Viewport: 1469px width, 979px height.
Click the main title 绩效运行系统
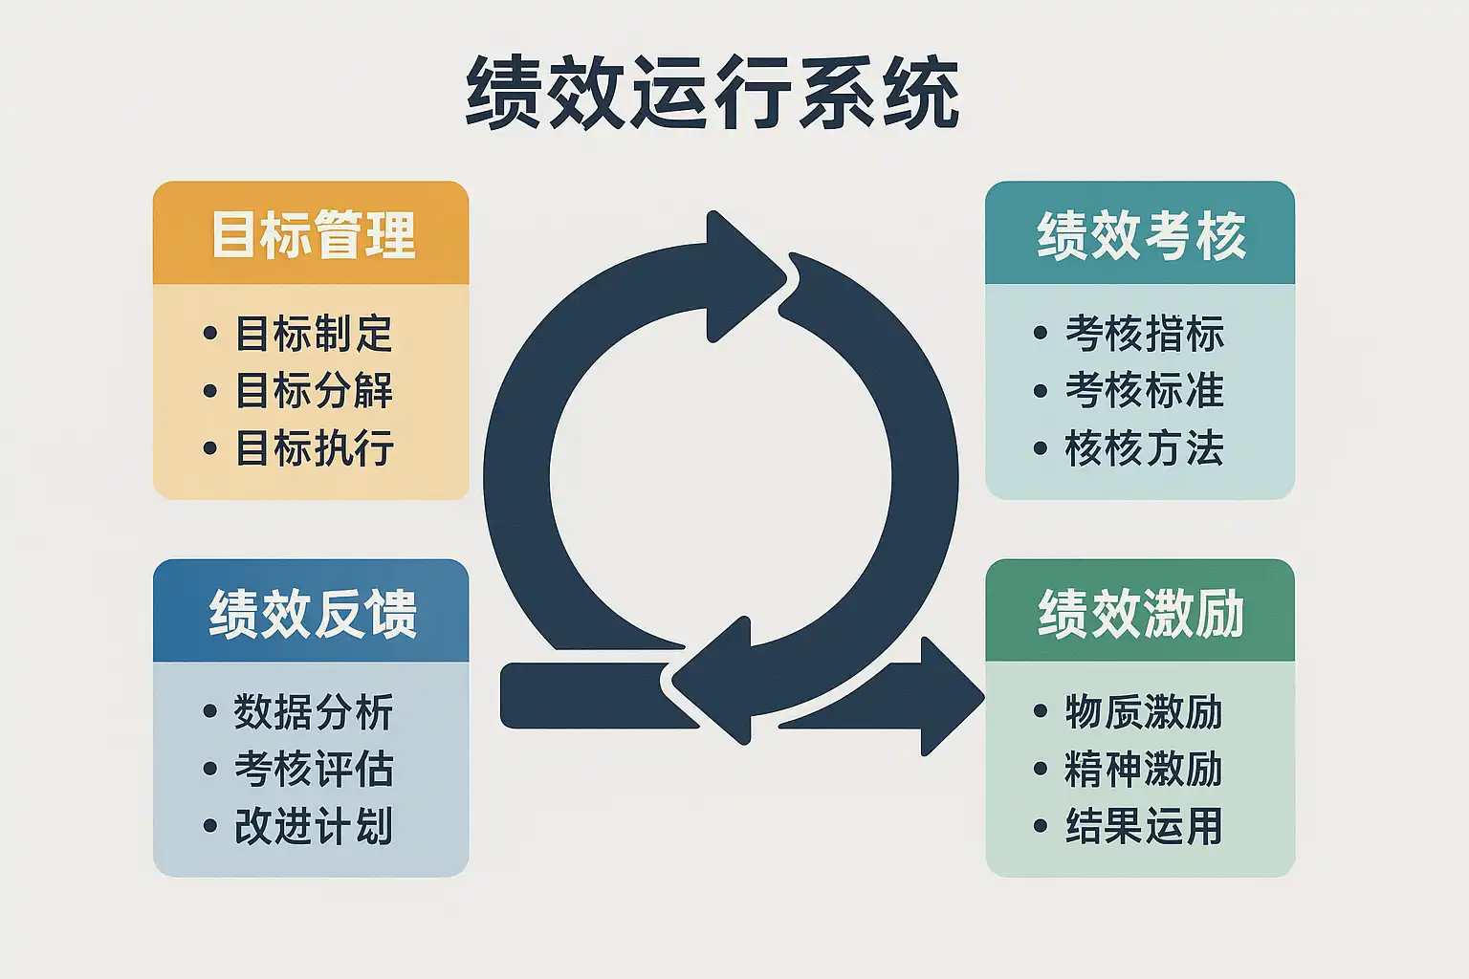click(x=713, y=93)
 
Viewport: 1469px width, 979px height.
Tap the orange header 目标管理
click(x=313, y=235)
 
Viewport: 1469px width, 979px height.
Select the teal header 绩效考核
click(x=1141, y=235)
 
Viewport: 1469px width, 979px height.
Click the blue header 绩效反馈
click(x=313, y=613)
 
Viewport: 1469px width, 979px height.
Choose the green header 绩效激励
click(x=1141, y=613)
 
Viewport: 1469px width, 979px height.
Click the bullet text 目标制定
click(x=315, y=334)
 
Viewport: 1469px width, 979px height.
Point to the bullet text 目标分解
click(x=315, y=390)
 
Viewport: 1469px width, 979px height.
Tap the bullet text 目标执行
click(x=315, y=447)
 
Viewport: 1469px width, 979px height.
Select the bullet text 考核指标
click(x=1144, y=334)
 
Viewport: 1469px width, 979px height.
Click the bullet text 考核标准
click(x=1144, y=390)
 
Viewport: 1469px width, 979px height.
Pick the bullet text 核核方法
click(x=1144, y=447)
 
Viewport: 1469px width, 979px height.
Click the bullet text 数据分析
click(x=314, y=712)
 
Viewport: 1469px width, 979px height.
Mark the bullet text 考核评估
click(x=314, y=769)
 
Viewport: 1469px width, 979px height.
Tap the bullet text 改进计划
click(x=314, y=826)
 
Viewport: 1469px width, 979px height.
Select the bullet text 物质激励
click(x=1144, y=712)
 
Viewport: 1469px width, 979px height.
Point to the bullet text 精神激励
click(x=1144, y=769)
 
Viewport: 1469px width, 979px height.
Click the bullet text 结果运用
click(x=1144, y=826)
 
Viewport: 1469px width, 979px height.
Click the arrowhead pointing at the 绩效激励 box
click(x=947, y=696)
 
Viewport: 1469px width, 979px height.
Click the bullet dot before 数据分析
click(x=210, y=712)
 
